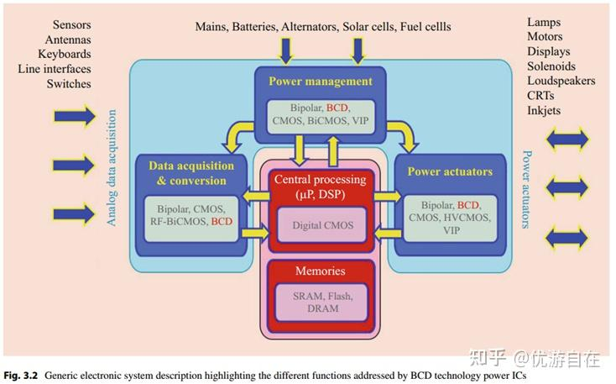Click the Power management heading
pos(320,82)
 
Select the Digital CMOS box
pos(323,225)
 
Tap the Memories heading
pos(320,271)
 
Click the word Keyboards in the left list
pos(63,54)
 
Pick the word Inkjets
pos(544,111)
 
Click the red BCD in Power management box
pos(337,108)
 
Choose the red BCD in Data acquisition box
pos(222,222)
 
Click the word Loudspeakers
pos(561,81)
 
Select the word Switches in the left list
pos(69,84)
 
